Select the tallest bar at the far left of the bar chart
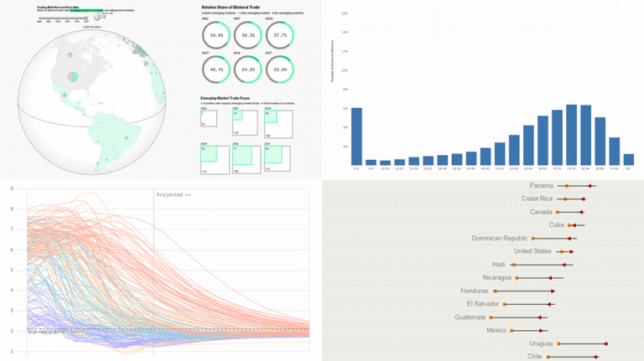[x=356, y=136]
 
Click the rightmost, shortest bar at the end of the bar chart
[x=629, y=159]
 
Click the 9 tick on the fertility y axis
[x=12, y=188]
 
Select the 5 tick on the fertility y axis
[x=12, y=270]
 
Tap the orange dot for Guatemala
[x=491, y=317]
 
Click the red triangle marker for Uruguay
[x=605, y=343]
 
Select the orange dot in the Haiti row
[x=514, y=265]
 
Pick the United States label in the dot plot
[x=532, y=251]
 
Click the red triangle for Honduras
[x=553, y=291]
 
